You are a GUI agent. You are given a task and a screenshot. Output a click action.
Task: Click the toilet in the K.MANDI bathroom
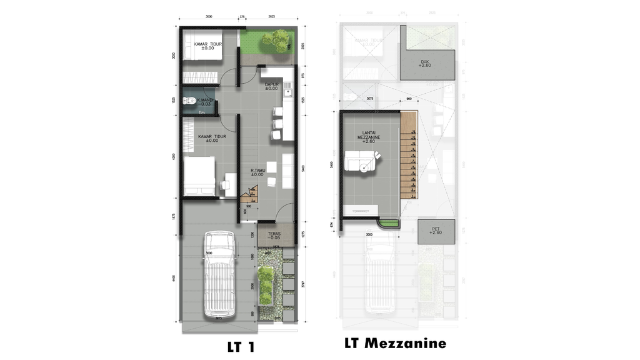(187, 101)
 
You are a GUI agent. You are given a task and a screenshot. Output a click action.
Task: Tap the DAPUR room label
(271, 86)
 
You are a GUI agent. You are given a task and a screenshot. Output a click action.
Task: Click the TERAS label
(274, 237)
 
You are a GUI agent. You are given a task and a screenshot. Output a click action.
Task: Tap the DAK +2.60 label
(425, 63)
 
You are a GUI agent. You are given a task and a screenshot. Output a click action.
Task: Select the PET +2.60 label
(436, 231)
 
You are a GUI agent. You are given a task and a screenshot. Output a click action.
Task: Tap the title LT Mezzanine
(394, 343)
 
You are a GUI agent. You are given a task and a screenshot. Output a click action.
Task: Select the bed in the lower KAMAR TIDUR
(199, 176)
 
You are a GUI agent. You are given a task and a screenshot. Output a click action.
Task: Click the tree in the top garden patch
(275, 42)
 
